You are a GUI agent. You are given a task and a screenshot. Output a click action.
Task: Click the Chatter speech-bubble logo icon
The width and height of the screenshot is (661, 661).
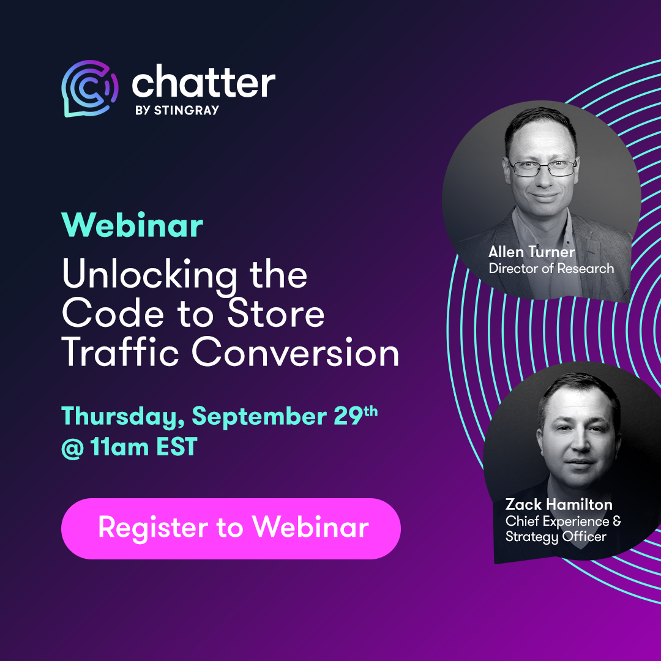[90, 89]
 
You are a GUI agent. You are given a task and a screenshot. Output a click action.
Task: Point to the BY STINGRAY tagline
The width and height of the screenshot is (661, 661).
[177, 110]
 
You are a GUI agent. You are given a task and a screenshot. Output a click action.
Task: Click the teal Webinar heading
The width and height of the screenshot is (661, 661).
[132, 225]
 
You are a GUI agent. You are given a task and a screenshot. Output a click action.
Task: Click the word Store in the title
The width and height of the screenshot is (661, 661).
[276, 313]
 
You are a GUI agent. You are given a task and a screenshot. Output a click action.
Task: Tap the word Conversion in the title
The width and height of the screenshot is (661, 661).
[296, 352]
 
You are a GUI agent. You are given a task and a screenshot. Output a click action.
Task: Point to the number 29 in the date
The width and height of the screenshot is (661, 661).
[349, 416]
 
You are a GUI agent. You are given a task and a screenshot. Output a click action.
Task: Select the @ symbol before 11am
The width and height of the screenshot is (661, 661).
[72, 447]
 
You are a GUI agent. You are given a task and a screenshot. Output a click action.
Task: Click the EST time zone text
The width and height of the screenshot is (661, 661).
[177, 446]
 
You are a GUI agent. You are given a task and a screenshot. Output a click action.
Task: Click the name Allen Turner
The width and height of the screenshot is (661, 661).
[532, 252]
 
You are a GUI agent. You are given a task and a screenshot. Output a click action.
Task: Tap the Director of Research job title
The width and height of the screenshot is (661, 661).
[551, 269]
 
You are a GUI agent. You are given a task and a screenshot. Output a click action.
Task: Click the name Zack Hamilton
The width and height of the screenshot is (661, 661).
[559, 504]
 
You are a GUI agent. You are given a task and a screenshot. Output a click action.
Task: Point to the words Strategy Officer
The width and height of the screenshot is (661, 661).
[556, 537]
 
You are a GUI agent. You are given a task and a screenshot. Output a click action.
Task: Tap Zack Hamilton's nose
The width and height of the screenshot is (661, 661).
[579, 442]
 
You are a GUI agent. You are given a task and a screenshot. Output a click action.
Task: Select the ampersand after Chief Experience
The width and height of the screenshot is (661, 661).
[617, 521]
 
